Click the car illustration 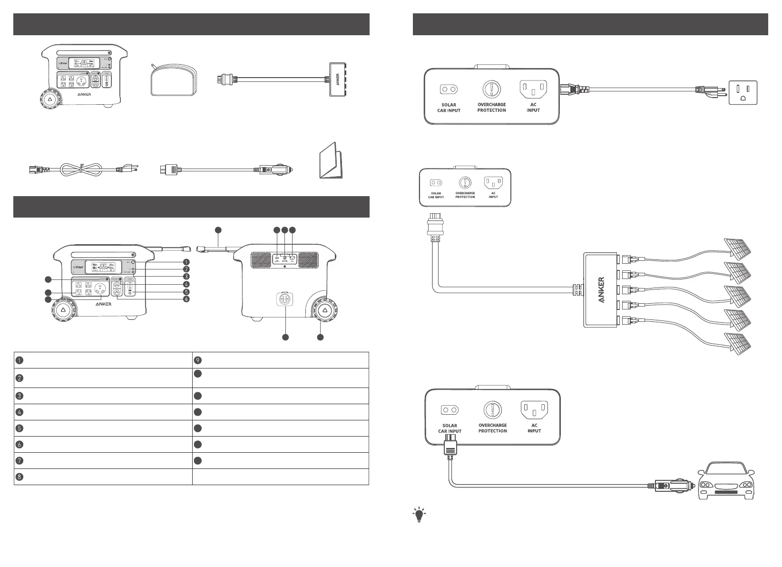point(725,482)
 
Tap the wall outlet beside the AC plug point(743,92)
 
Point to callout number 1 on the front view point(186,262)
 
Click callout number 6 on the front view point(186,299)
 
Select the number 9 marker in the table point(198,360)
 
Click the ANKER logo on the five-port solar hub point(601,290)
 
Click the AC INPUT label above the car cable point(534,428)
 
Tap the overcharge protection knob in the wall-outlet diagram point(491,89)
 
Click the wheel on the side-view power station point(325,311)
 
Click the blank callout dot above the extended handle point(218,230)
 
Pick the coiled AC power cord point(81,169)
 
